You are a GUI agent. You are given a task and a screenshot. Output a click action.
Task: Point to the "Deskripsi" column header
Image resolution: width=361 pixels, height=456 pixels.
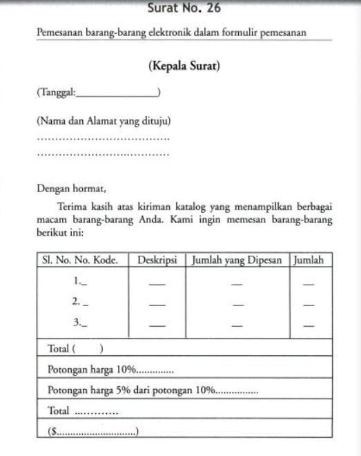coord(157,260)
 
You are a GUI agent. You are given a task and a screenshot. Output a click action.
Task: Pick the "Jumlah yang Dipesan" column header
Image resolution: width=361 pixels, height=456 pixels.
coord(237,260)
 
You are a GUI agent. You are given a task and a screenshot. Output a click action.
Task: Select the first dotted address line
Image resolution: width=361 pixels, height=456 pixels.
coord(103,139)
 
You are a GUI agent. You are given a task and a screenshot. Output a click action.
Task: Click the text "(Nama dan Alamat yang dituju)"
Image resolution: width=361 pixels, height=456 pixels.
coord(104,121)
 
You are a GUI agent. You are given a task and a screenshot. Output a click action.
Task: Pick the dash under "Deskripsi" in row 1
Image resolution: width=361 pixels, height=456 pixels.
coord(157,283)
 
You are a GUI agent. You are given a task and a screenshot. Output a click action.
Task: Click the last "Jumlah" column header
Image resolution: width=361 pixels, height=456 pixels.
coord(309,260)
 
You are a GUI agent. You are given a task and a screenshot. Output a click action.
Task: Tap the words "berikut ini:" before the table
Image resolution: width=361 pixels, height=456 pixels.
coord(60,233)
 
